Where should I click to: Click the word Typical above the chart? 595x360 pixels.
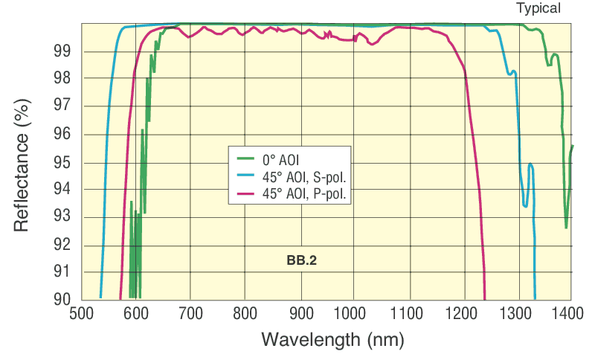(539, 9)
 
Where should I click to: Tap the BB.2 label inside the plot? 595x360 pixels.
(302, 260)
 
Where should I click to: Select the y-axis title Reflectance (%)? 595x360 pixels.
(22, 161)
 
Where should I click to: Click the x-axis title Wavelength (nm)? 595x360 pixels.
(332, 340)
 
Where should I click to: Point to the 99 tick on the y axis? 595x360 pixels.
(62, 52)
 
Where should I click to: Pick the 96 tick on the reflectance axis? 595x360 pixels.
(62, 135)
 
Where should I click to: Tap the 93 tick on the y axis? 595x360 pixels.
(62, 217)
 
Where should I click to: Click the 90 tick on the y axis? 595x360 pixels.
(62, 299)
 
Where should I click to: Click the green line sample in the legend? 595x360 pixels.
(245, 158)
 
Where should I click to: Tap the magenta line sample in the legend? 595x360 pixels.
(245, 193)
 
